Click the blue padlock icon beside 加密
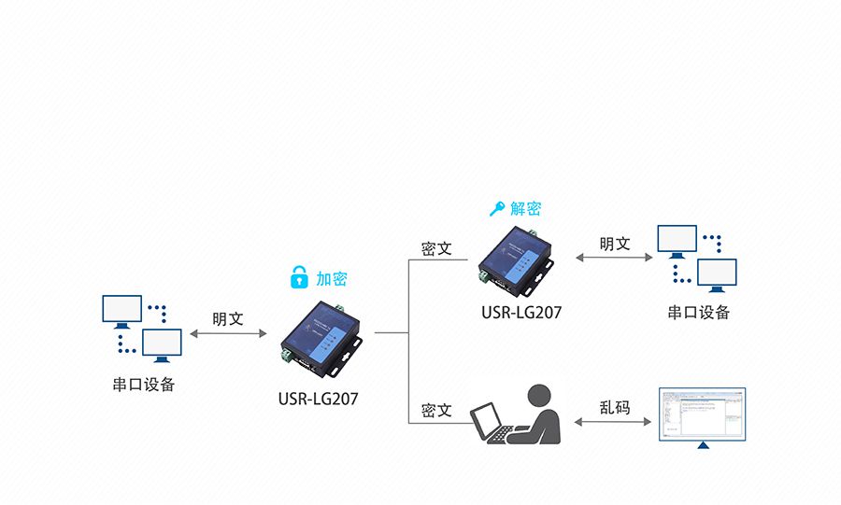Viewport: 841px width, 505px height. (x=298, y=277)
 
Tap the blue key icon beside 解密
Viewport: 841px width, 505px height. (x=496, y=208)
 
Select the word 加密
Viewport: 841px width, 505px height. (x=331, y=278)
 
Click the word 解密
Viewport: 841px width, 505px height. (x=525, y=208)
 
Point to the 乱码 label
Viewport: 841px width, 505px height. (x=615, y=407)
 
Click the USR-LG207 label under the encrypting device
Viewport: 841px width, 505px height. (x=318, y=399)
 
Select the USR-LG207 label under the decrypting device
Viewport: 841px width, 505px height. (x=521, y=313)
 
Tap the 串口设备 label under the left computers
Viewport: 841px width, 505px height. (x=144, y=385)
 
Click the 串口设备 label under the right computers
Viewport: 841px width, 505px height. (x=698, y=313)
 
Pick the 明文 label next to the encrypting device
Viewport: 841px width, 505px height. (x=227, y=318)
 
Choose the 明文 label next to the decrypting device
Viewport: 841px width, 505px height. (x=615, y=245)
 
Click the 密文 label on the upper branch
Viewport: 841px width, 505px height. (x=436, y=249)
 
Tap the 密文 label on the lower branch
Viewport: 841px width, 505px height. (x=436, y=411)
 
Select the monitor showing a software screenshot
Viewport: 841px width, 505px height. (x=702, y=414)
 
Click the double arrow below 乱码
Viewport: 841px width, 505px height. (x=615, y=422)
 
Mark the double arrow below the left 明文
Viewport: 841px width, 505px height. (x=227, y=332)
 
